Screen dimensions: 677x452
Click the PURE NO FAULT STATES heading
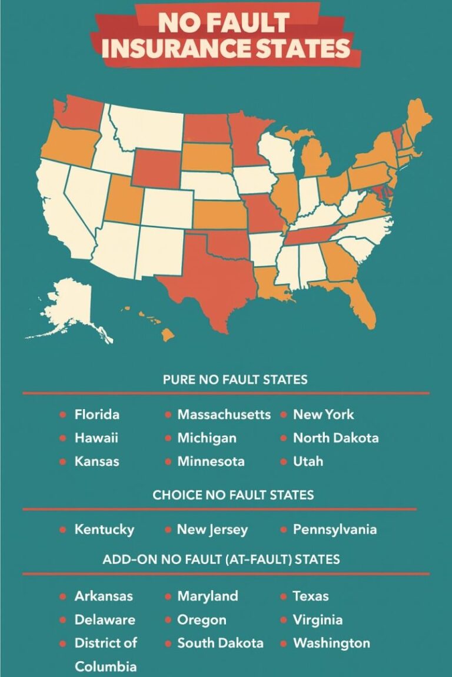click(235, 380)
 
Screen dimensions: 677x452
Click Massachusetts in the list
click(224, 414)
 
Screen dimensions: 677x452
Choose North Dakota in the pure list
click(335, 438)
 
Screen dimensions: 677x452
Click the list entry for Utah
click(308, 461)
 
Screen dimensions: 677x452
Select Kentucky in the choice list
click(104, 529)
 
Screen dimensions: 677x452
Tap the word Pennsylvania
click(334, 529)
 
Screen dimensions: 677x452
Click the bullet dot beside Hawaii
click(63, 438)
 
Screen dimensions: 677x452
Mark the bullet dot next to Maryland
click(167, 596)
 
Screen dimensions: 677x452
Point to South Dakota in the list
click(220, 643)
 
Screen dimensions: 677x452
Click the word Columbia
click(105, 666)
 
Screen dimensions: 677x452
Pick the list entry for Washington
click(331, 643)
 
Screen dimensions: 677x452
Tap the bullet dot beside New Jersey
click(167, 529)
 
